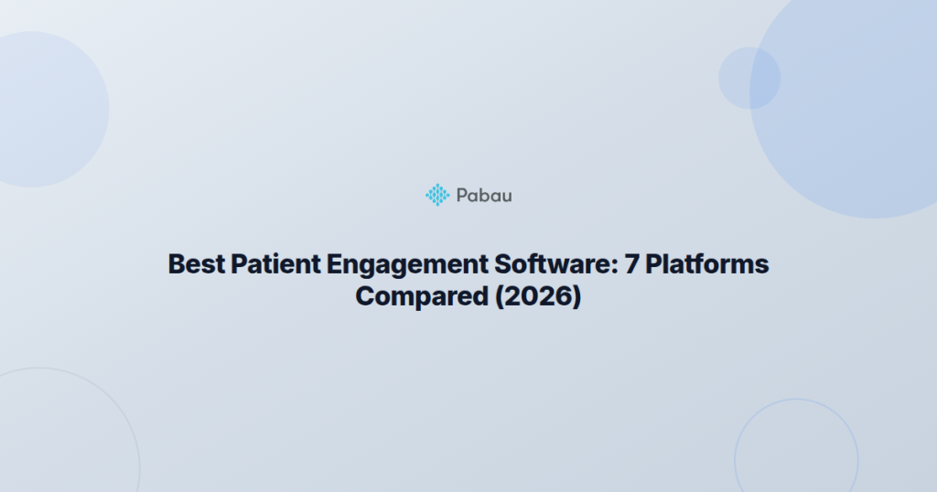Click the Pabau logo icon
pos(438,194)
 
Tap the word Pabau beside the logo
pos(484,194)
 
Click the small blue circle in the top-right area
pos(749,78)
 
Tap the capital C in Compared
pos(364,297)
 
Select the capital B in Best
pos(177,264)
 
